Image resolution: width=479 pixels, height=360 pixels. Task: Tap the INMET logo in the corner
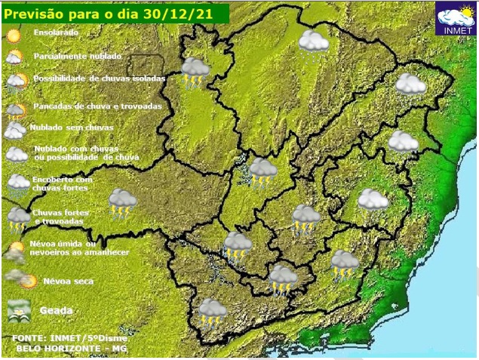pyautogui.click(x=456, y=19)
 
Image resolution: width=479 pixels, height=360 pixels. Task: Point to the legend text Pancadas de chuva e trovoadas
pyautogui.click(x=97, y=106)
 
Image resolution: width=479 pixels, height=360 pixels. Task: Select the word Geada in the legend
pyautogui.click(x=56, y=309)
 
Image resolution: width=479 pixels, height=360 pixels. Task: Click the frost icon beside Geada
pyautogui.click(x=17, y=309)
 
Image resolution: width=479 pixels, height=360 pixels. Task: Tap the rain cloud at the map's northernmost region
pyautogui.click(x=313, y=42)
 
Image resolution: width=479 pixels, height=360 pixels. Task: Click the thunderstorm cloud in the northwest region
pyautogui.click(x=195, y=71)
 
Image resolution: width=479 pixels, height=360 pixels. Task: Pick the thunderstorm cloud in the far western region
pyautogui.click(x=121, y=202)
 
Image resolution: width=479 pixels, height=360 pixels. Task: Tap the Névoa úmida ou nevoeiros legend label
pyautogui.click(x=78, y=248)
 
